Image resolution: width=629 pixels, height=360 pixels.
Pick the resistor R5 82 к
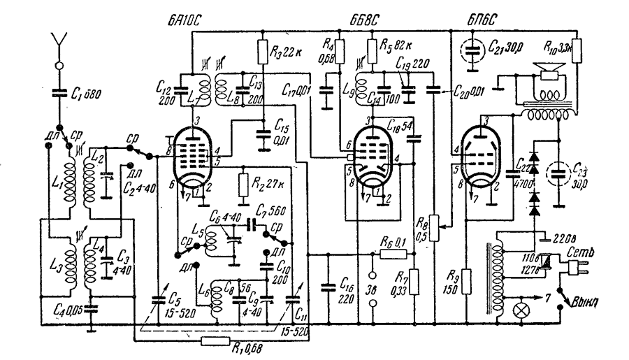coord(370,52)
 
